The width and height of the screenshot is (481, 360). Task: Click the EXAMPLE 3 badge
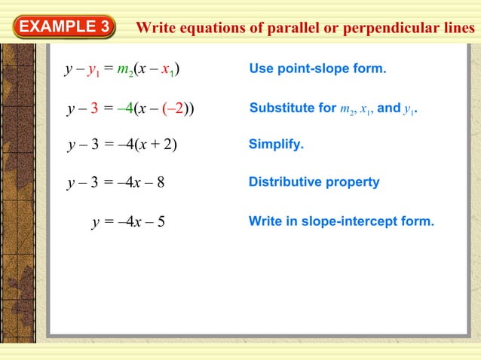pos(63,28)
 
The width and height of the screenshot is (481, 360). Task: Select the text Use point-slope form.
pos(317,69)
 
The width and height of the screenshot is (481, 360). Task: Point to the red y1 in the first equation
pos(94,71)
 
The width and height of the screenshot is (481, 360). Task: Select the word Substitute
pos(277,108)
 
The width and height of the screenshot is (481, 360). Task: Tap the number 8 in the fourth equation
pos(161,182)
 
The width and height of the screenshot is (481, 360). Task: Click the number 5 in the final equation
pos(161,221)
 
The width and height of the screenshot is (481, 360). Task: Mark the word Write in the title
pos(155,29)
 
